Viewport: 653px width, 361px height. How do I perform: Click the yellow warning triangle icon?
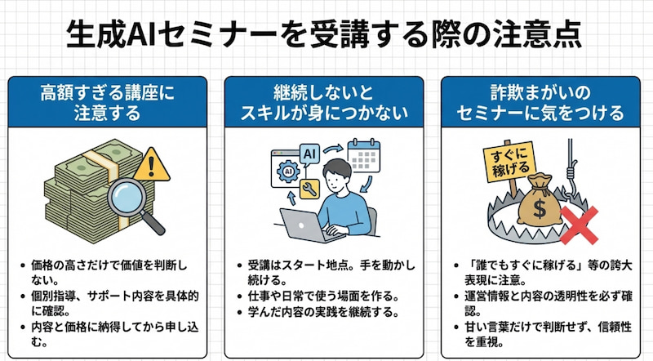pos(152,166)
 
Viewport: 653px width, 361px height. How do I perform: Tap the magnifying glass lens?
pos(127,197)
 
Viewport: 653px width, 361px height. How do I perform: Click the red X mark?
pos(579,225)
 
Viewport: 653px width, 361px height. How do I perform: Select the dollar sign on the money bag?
pos(540,209)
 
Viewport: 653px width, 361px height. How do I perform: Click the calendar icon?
pos(363,155)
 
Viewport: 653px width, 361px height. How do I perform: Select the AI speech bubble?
pos(309,155)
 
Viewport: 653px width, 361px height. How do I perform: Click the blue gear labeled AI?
pos(288,171)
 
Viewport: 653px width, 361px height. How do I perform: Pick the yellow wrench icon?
pos(309,189)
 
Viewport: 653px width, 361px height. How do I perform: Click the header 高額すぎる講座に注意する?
pos(107,103)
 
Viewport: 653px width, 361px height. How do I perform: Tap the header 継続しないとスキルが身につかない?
pos(324,103)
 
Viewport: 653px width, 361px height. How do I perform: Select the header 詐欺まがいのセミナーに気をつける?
pos(540,103)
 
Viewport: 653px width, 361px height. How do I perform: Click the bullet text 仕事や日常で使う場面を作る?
pos(323,296)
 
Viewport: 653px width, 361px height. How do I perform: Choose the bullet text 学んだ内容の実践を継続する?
pos(323,312)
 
